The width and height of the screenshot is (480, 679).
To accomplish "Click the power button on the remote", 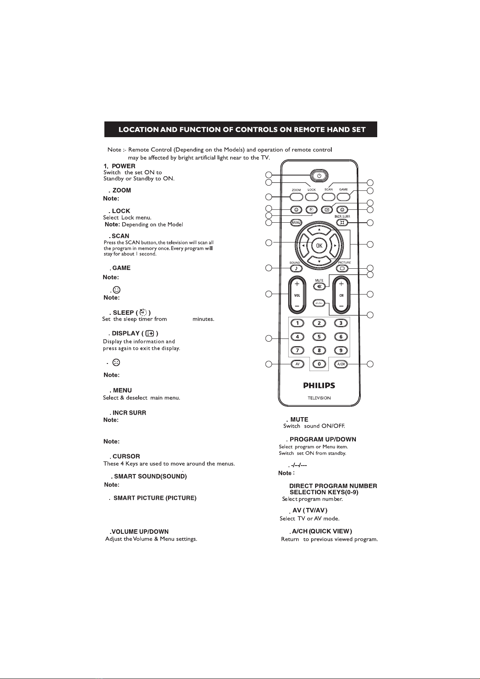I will point(319,175).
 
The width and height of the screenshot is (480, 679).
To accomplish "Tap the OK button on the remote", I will point(319,245).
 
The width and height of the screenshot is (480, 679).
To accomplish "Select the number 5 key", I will point(319,336).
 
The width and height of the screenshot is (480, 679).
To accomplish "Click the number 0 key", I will point(319,364).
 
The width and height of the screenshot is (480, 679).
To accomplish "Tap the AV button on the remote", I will point(297,364).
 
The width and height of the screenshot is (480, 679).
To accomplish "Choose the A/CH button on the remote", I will point(341,364).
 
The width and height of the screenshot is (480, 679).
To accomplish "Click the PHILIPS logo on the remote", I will point(319,385).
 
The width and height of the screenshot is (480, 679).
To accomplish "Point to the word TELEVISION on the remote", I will point(319,398).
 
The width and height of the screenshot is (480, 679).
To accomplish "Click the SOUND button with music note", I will point(296,268).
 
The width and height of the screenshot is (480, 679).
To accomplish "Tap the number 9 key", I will point(341,350).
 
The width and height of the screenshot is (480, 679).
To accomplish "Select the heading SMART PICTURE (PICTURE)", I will point(155,498).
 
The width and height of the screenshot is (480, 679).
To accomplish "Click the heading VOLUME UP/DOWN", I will point(139,532).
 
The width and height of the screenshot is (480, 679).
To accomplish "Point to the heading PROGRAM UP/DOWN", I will point(323,439).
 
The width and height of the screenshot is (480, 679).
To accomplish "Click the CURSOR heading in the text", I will point(126,456).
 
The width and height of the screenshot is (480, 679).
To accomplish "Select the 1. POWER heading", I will point(119,166).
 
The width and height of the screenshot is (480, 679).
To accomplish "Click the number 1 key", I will point(297,323).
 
